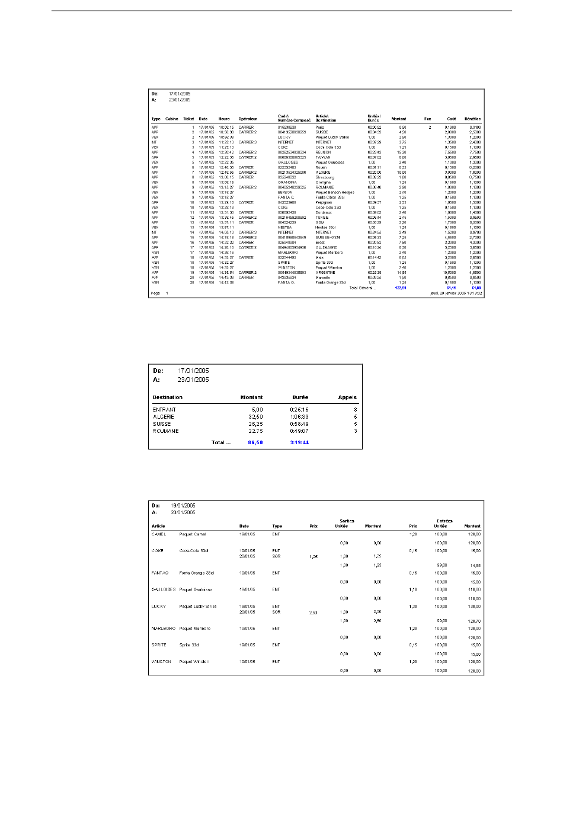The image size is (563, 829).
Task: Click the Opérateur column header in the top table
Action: [248, 119]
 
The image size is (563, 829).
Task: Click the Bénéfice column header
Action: [473, 119]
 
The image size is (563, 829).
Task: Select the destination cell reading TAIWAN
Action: [324, 157]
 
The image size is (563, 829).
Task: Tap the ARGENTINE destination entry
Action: [325, 273]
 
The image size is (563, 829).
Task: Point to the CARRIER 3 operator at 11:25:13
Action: [248, 142]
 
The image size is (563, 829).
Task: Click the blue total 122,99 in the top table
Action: [401, 288]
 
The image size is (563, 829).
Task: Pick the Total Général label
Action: [362, 288]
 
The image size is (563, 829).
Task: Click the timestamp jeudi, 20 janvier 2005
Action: [456, 293]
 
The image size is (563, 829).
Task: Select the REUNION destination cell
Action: [324, 152]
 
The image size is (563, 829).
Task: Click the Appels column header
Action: [347, 397]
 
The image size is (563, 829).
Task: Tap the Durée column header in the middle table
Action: [300, 397]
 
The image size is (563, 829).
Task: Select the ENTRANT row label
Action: [164, 410]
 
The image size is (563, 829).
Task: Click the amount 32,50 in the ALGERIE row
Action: [256, 417]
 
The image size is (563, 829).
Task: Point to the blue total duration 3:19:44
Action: [299, 442]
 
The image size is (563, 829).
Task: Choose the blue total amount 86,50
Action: [255, 442]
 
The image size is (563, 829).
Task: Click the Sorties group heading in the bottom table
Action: [347, 521]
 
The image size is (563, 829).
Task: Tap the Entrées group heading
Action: [444, 521]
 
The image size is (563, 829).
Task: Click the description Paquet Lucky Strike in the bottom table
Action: [198, 607]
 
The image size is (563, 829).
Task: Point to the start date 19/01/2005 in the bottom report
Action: [183, 506]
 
